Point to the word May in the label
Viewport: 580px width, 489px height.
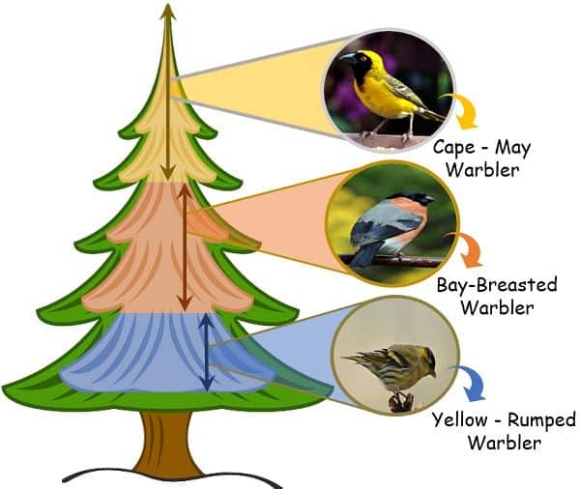tap(512, 149)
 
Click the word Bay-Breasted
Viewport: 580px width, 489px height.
tap(497, 285)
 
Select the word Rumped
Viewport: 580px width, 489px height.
tap(541, 421)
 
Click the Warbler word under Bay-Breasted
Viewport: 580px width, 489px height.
tap(498, 307)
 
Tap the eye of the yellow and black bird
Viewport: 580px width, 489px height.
tap(363, 58)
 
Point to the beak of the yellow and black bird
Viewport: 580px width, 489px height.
tap(347, 58)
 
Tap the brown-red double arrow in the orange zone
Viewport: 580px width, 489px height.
tap(185, 247)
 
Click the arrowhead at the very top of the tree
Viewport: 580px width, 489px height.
tap(168, 11)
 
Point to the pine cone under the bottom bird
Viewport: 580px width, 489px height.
tap(400, 402)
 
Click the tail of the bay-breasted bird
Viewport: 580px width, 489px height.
tap(360, 254)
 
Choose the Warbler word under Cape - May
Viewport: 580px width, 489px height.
tap(482, 170)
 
